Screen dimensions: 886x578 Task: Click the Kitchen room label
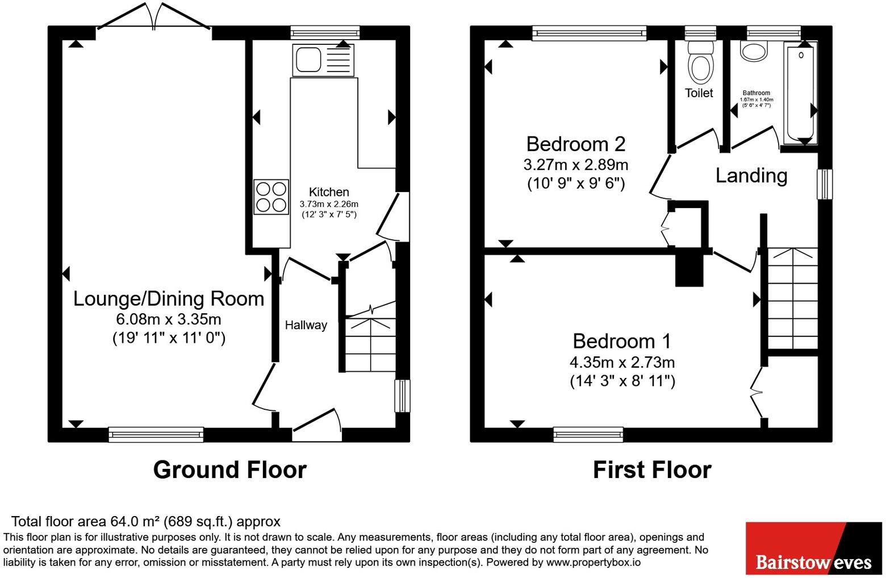[x=329, y=192]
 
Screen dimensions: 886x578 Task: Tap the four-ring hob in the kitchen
[x=271, y=197]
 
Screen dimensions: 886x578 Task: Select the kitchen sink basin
[x=308, y=60]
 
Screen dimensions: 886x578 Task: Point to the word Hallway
[x=306, y=325]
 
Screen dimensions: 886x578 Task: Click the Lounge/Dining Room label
[x=169, y=298]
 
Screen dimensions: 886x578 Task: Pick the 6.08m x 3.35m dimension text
[x=169, y=319]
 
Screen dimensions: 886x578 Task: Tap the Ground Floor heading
[x=230, y=470]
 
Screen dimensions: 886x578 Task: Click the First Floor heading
[x=652, y=470]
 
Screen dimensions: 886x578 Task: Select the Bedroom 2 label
[x=575, y=144]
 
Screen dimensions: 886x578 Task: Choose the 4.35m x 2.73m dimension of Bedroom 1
[x=622, y=362]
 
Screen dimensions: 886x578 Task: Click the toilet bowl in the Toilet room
[x=700, y=68]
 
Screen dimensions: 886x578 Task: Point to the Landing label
[x=751, y=176]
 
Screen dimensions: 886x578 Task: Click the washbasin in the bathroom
[x=754, y=52]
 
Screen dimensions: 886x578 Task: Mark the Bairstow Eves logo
[x=814, y=548]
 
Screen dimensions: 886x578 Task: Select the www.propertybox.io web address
[x=594, y=562]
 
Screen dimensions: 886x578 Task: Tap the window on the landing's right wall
[x=825, y=184]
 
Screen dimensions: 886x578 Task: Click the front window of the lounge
[x=156, y=434]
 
